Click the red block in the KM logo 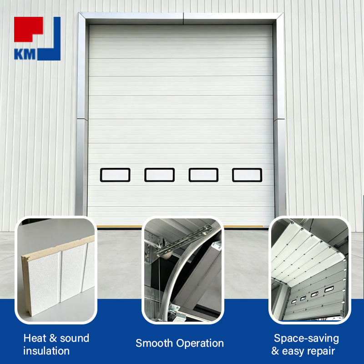[x=27, y=27]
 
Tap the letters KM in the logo [x=25, y=54]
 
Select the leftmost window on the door [x=115, y=175]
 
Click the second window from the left [x=160, y=175]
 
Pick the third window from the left [x=203, y=175]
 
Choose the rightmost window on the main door [x=247, y=175]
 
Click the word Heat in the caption [x=35, y=338]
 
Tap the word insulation [x=46, y=351]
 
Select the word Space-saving [x=306, y=339]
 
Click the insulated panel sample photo [x=56, y=270]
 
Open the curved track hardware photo [x=183, y=270]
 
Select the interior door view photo [x=310, y=270]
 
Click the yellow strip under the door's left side [x=120, y=226]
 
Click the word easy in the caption [x=292, y=351]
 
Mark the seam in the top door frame [x=183, y=18]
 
